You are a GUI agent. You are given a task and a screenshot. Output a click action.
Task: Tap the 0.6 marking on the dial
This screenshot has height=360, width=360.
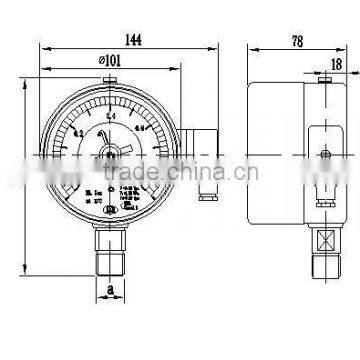[x=141, y=128]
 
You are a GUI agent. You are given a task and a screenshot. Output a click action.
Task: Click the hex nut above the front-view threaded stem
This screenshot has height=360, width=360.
[x=108, y=238]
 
